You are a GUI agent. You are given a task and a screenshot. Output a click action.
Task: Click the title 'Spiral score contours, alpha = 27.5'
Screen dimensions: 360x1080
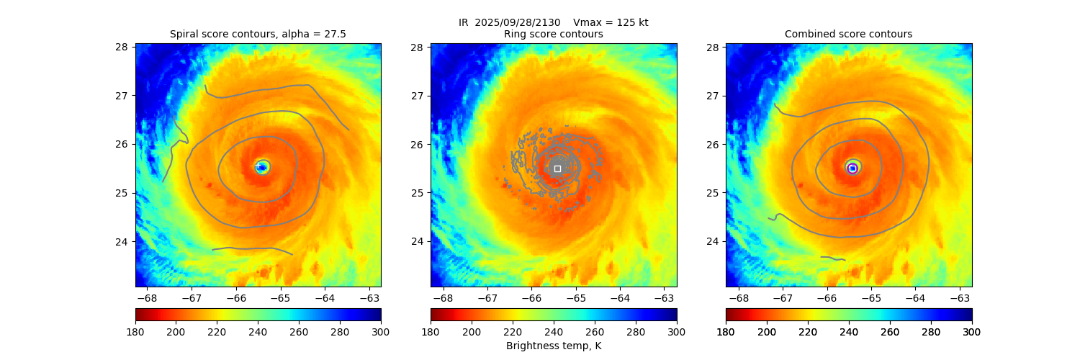click(258, 34)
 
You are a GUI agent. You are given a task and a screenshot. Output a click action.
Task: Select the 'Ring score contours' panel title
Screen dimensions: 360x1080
click(553, 34)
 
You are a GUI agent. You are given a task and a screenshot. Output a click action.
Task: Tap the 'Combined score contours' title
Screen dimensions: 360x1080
click(848, 34)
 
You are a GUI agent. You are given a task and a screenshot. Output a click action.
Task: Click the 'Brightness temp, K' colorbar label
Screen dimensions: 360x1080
click(553, 346)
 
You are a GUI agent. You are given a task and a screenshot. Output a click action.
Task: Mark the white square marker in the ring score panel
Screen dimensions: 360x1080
click(557, 168)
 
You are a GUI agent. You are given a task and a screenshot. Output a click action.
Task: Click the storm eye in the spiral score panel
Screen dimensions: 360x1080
click(262, 167)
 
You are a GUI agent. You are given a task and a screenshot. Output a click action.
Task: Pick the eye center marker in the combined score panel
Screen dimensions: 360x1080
click(852, 168)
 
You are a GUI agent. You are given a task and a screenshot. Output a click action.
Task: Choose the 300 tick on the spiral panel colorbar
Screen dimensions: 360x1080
click(381, 331)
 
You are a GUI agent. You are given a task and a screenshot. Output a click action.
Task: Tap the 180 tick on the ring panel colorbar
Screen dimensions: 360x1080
click(431, 331)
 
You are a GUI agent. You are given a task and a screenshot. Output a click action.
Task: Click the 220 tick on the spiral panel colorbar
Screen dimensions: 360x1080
click(217, 331)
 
